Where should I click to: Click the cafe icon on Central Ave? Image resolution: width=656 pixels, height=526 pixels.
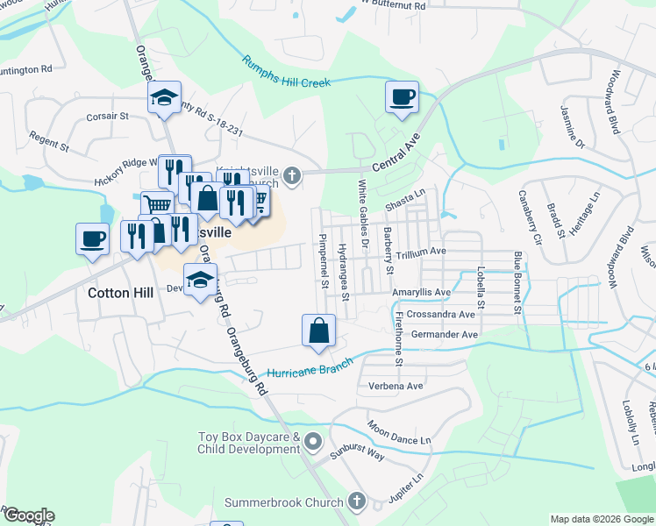pos(402,98)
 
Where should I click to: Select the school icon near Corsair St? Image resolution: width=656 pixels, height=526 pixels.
pos(164,99)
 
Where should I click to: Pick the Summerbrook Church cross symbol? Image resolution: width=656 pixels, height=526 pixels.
pos(356,502)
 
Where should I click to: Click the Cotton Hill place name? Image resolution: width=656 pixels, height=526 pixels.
pos(121,294)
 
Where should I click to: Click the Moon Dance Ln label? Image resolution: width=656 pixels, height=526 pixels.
pos(400,431)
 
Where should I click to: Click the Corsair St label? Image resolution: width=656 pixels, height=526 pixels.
pos(107,115)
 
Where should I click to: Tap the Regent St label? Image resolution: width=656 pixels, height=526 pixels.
pos(48,140)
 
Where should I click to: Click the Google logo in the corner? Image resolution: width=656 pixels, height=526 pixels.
pos(28,515)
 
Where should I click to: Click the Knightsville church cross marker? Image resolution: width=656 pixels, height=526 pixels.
pos(292,178)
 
